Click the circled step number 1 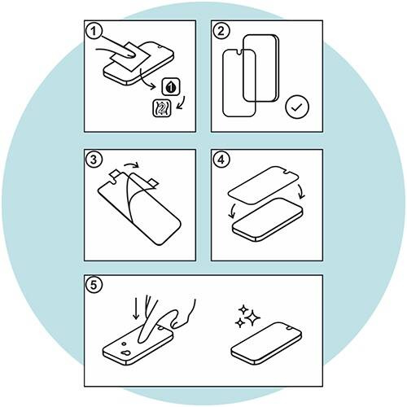click(x=94, y=31)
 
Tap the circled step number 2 click(x=221, y=31)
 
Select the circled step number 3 click(x=94, y=160)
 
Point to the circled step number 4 click(x=221, y=160)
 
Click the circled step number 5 click(x=94, y=285)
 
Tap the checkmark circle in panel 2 click(x=297, y=107)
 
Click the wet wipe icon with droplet click(x=171, y=87)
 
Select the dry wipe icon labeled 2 click(x=162, y=108)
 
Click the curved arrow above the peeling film click(x=131, y=164)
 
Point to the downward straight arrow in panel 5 click(x=136, y=307)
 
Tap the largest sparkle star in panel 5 click(x=253, y=317)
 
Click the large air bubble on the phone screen click(x=125, y=353)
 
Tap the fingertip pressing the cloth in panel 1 click(x=130, y=55)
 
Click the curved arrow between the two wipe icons click(x=182, y=103)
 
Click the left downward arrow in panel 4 click(x=231, y=211)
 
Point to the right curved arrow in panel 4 click(x=301, y=190)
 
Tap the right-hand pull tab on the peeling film click(x=153, y=182)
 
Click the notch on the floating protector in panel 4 click(x=285, y=171)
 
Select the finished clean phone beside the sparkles click(x=266, y=344)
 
